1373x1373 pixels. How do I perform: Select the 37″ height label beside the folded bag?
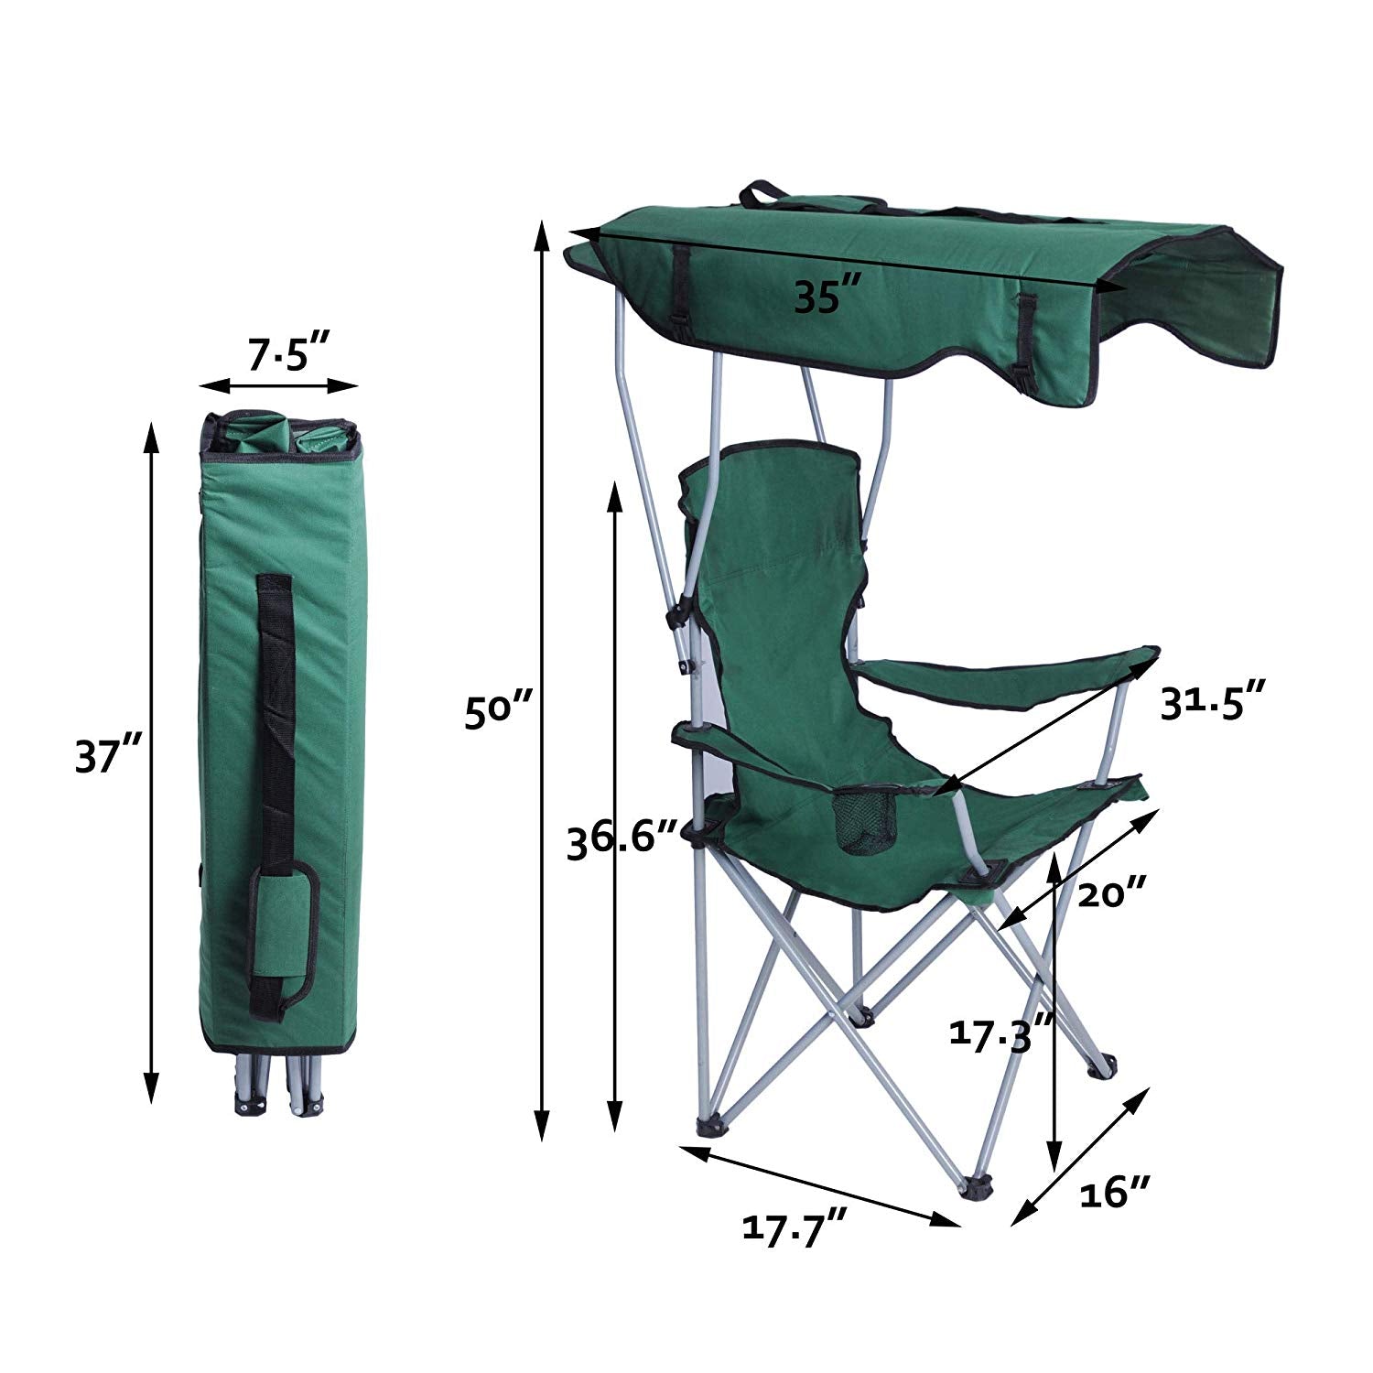point(107,757)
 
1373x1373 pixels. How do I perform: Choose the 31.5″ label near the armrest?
point(1214,704)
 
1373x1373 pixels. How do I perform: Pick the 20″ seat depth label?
point(1111,892)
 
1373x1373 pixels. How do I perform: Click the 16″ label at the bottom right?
point(1114,1193)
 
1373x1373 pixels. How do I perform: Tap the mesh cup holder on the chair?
point(863,822)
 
